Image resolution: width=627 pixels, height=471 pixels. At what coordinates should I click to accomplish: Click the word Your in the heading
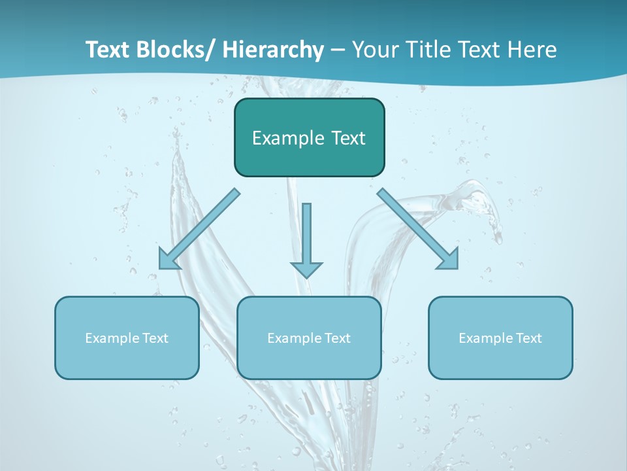(372, 50)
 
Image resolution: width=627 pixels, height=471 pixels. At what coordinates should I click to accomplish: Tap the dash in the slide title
(338, 51)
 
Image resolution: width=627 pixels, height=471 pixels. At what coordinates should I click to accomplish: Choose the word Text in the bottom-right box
(529, 338)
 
